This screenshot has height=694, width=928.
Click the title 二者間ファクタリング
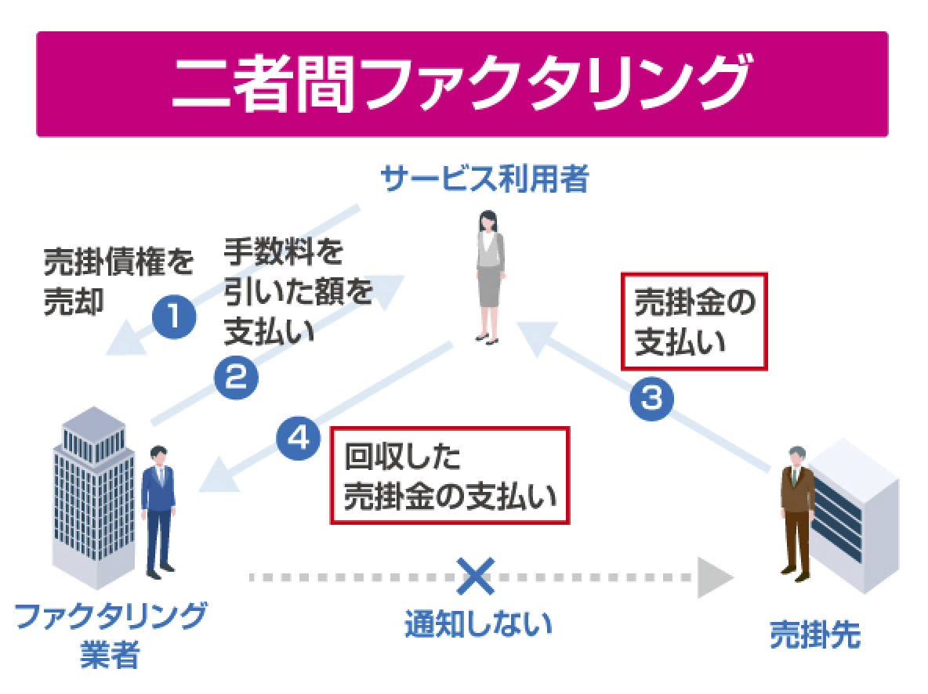click(462, 85)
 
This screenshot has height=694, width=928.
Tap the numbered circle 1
click(173, 317)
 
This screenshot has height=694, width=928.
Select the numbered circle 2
click(236, 378)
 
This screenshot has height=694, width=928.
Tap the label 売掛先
click(814, 637)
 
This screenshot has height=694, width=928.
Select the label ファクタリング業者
click(111, 634)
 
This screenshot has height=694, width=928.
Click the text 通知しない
click(479, 625)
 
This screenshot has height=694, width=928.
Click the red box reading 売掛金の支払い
click(693, 320)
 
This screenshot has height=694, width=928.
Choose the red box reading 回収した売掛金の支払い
click(449, 475)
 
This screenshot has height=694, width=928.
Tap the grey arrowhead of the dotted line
click(714, 579)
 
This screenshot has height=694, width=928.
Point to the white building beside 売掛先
click(854, 517)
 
